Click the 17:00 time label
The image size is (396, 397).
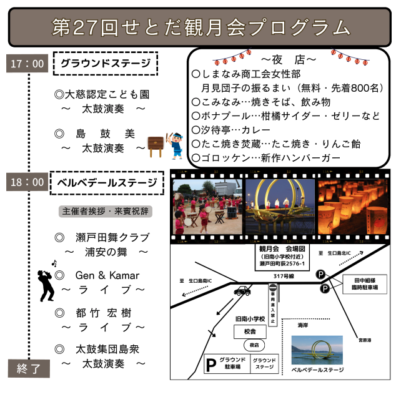27,63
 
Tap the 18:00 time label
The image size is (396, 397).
27,182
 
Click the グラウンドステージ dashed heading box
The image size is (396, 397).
105,63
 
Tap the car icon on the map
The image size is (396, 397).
242,291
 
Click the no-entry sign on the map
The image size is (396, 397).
272,288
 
